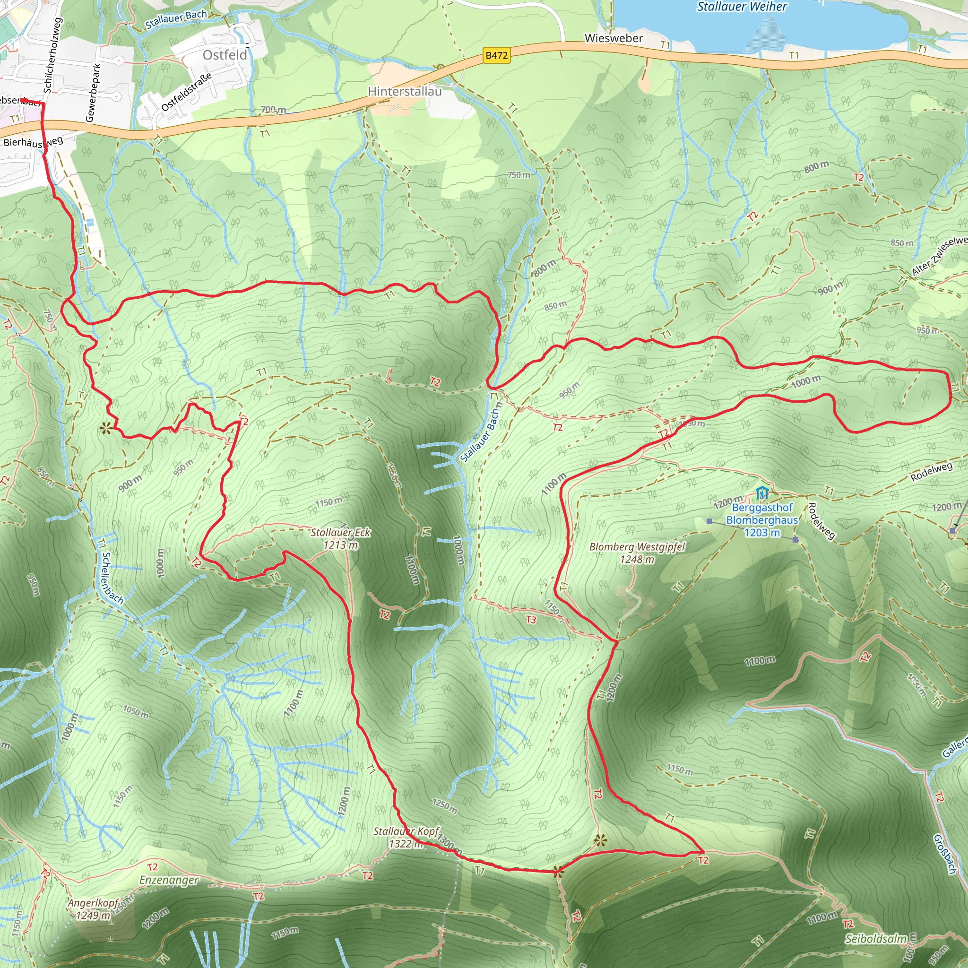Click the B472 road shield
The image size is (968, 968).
coord(497,55)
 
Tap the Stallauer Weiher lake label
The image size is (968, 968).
coord(742,7)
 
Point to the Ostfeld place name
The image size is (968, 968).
coord(225,55)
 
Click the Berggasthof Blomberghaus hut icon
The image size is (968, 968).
coord(761,493)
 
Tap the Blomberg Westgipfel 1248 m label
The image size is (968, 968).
coord(637,553)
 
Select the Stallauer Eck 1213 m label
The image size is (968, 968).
coord(340,538)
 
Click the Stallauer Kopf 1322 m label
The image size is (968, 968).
coord(406,837)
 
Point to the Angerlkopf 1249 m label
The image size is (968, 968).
coord(93,909)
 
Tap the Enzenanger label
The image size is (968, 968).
coord(169,880)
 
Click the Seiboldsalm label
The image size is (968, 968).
coord(875,938)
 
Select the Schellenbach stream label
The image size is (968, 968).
coord(112,578)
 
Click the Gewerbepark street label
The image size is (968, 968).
coord(93,93)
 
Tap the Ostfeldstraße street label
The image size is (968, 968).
coord(186,92)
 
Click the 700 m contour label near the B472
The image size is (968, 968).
coord(273,109)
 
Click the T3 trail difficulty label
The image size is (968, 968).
coord(531,620)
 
